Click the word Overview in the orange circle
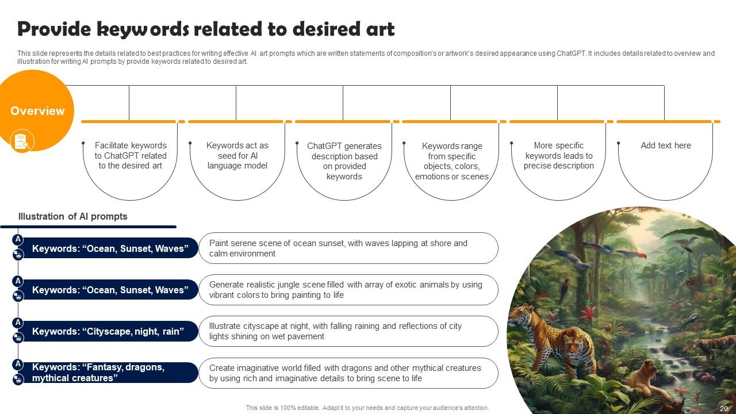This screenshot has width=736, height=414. click(37, 111)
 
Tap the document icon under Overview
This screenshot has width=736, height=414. click(22, 141)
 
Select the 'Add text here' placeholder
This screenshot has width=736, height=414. click(666, 145)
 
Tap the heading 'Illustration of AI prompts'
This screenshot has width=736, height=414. click(72, 217)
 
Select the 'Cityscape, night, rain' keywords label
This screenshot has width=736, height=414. click(108, 331)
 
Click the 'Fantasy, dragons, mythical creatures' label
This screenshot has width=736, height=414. click(98, 372)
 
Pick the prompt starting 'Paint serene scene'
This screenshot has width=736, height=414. click(338, 248)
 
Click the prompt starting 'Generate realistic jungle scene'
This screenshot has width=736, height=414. click(346, 290)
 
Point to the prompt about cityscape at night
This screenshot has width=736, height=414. click(335, 331)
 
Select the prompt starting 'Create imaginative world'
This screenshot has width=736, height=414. click(345, 373)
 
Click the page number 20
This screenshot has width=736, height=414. click(724, 408)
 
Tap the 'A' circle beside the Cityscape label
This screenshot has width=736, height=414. click(18, 323)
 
